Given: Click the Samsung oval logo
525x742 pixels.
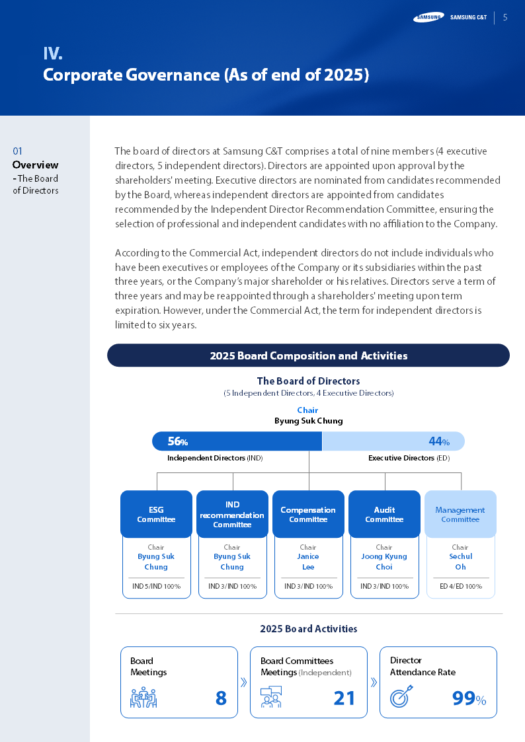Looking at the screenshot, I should coord(428,17).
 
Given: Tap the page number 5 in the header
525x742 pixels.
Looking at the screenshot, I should coord(505,17).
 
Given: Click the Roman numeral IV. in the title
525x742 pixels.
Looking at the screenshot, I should coord(53,54).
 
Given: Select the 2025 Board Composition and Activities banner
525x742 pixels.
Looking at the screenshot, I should coord(308,355).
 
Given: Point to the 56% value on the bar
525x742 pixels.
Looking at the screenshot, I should coord(177,441).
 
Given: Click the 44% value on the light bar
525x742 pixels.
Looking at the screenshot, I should coord(439,441).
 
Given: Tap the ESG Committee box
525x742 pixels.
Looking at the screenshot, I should coord(156,514).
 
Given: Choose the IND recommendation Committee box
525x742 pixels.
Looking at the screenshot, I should coord(232,514).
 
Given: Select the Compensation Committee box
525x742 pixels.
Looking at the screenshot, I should coord(308,514).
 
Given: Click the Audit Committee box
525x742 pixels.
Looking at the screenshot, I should coord(384,514).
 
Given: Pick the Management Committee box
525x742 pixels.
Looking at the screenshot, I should coord(460,514).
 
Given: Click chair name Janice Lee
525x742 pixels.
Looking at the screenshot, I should coord(308,562).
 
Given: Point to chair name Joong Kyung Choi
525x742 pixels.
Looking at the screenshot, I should coord(384,562).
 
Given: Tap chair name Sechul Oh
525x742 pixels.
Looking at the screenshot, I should coord(460,562).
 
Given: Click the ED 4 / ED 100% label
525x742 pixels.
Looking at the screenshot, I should coord(460,586).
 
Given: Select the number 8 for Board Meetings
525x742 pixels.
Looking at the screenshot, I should coord(221,698).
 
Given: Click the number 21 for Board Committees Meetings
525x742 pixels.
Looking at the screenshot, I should coord(344,698).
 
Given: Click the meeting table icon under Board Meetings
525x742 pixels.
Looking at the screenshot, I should coord(143,698).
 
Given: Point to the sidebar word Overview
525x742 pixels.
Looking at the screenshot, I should coord(35,165).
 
